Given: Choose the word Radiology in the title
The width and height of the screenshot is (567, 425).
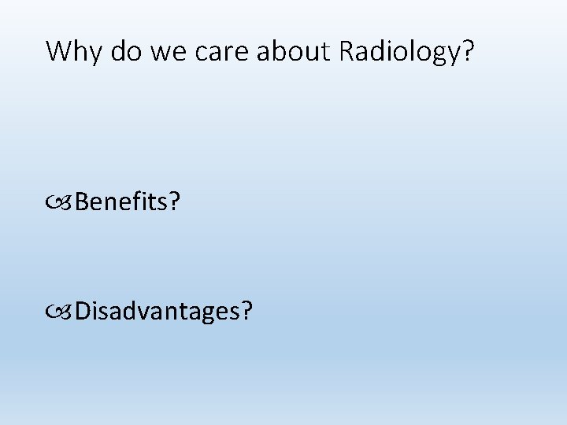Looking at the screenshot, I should (398, 51).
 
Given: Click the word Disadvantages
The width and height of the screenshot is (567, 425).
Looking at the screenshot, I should (157, 312).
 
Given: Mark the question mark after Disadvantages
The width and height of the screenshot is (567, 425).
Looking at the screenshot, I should (247, 311).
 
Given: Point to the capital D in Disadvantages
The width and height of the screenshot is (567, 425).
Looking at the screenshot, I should (83, 311).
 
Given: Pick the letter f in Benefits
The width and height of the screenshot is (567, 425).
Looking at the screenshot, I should (139, 203).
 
